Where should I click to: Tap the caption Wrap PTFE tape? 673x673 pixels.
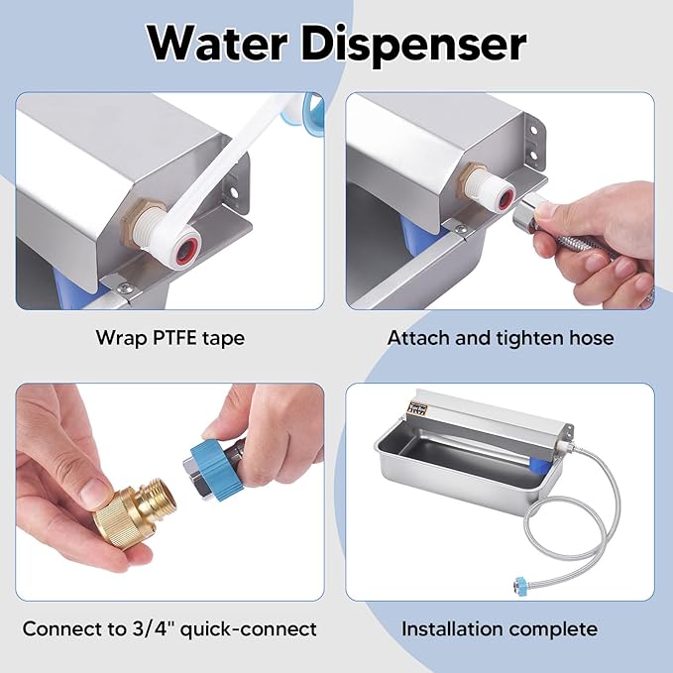click(169, 338)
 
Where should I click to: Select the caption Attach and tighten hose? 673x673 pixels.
click(501, 338)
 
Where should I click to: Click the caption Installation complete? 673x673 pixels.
click(500, 628)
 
